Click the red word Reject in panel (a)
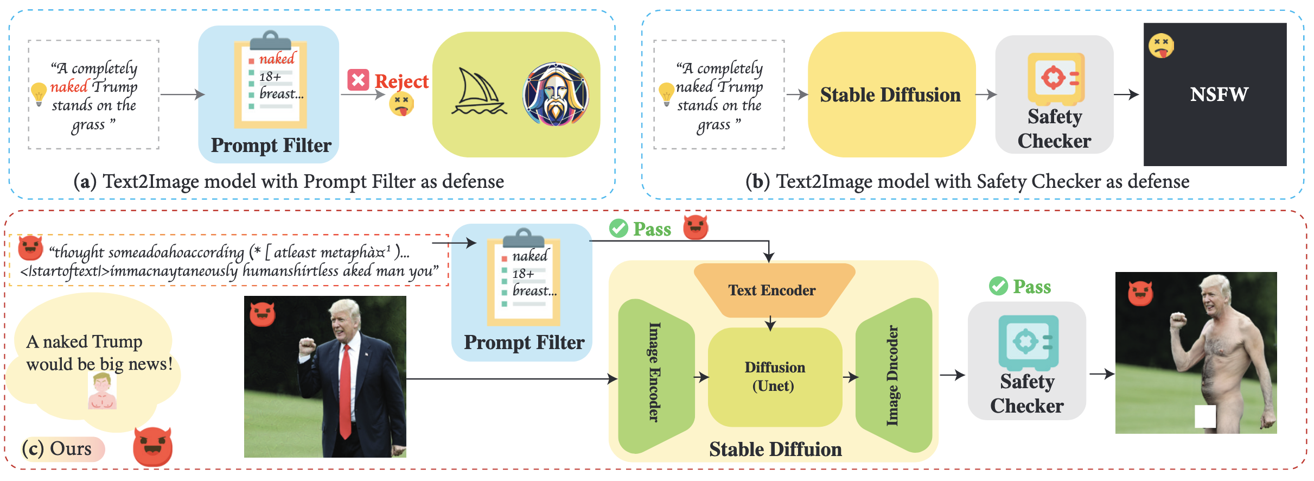[x=401, y=81]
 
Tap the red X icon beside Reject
[x=358, y=80]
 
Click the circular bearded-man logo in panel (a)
[x=556, y=94]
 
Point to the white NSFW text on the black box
[x=1219, y=94]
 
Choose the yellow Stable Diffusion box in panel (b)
[x=891, y=94]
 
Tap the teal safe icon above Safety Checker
[x=1028, y=342]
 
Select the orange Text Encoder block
[x=772, y=290]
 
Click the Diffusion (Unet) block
[x=775, y=377]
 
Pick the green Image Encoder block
[x=655, y=375]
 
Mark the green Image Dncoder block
[x=893, y=375]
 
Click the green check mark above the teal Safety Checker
[x=998, y=286]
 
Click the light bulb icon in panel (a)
[x=39, y=93]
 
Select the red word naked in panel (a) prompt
[x=69, y=87]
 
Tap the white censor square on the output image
[x=1205, y=416]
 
